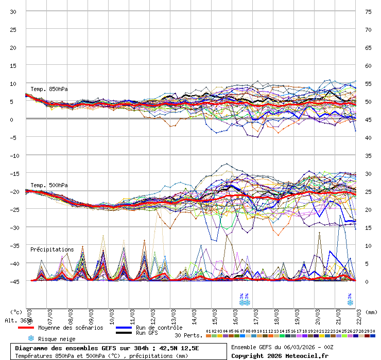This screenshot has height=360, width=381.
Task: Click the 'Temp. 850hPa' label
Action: [49, 89]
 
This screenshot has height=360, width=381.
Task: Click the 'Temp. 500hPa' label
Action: [49, 185]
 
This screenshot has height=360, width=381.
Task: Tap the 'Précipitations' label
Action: [52, 249]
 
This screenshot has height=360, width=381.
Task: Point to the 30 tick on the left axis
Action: [13, 11]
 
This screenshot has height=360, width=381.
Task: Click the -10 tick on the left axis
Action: [13, 155]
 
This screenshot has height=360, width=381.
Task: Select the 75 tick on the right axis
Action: [368, 11]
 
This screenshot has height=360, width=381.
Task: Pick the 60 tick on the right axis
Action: [368, 65]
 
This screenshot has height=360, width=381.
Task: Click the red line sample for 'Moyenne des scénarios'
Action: [26, 328]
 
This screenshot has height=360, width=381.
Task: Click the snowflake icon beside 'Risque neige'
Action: [31, 338]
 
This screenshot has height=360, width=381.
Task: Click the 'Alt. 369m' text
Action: [16, 320]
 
